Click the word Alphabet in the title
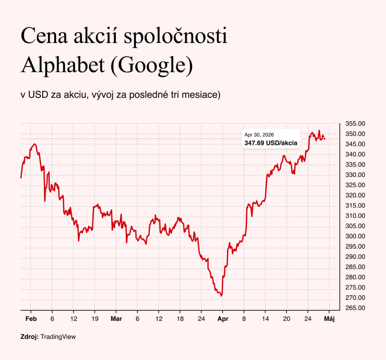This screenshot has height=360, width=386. click(63, 65)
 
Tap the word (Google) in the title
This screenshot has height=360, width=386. click(152, 66)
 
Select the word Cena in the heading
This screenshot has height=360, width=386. click(44, 36)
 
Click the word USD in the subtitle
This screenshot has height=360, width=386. click(38, 95)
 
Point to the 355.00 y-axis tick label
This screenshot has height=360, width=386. click(355, 124)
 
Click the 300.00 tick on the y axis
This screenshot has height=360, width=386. click(355, 236)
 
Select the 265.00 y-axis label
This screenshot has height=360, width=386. click(355, 308)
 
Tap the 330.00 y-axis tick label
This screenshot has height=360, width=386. click(355, 175)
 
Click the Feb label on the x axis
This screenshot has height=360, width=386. click(31, 319)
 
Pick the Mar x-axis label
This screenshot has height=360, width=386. click(116, 319)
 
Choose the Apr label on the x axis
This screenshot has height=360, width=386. click(223, 319)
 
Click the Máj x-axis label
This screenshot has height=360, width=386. click(329, 319)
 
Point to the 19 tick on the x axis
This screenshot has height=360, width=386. click(95, 319)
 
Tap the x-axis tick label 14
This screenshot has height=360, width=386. click(265, 319)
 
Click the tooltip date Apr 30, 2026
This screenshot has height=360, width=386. click(259, 135)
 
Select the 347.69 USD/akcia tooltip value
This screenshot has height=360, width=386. click(271, 143)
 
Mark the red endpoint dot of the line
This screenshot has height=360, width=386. click(325, 139)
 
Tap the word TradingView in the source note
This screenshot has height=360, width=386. click(58, 337)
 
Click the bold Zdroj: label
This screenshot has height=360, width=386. click(29, 337)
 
